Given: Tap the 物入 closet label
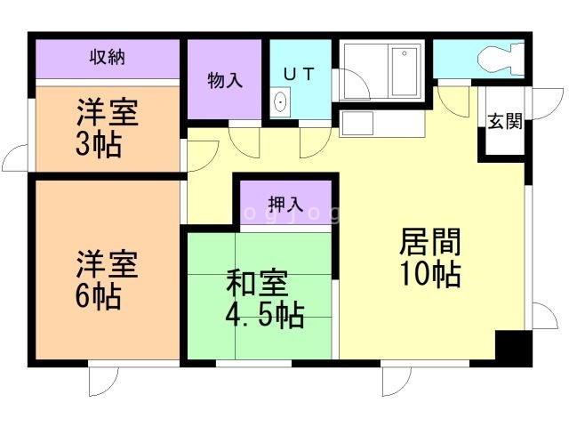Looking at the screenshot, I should coord(225,80).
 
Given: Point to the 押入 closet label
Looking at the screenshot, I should coord(284,201).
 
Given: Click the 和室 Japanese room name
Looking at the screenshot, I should coord(257,285).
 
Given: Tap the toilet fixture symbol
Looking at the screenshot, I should coord(499,60).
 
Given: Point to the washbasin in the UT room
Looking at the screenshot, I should coord(281,101).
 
